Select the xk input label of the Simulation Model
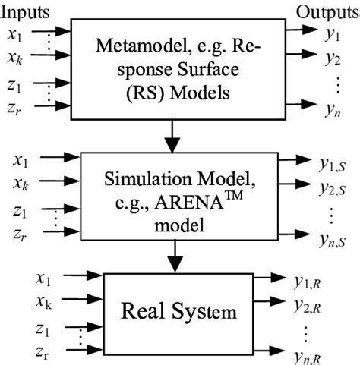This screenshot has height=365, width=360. coord(21,183)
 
